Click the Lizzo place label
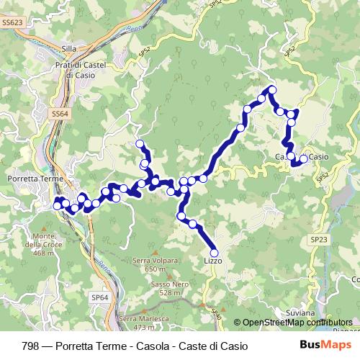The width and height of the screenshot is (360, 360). [x=212, y=261]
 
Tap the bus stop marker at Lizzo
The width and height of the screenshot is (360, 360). [x=213, y=253]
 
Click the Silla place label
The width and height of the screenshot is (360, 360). [x=69, y=48]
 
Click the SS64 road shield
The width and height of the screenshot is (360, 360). [x=60, y=114]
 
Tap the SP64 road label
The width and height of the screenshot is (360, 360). [x=99, y=297]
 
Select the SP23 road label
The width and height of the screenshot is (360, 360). [x=318, y=238]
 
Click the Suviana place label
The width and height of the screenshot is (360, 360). [x=300, y=313]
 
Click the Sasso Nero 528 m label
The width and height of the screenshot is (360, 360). [x=170, y=288]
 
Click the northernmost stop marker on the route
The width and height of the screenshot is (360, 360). [x=271, y=89]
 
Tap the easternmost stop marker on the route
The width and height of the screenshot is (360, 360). [x=303, y=158]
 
